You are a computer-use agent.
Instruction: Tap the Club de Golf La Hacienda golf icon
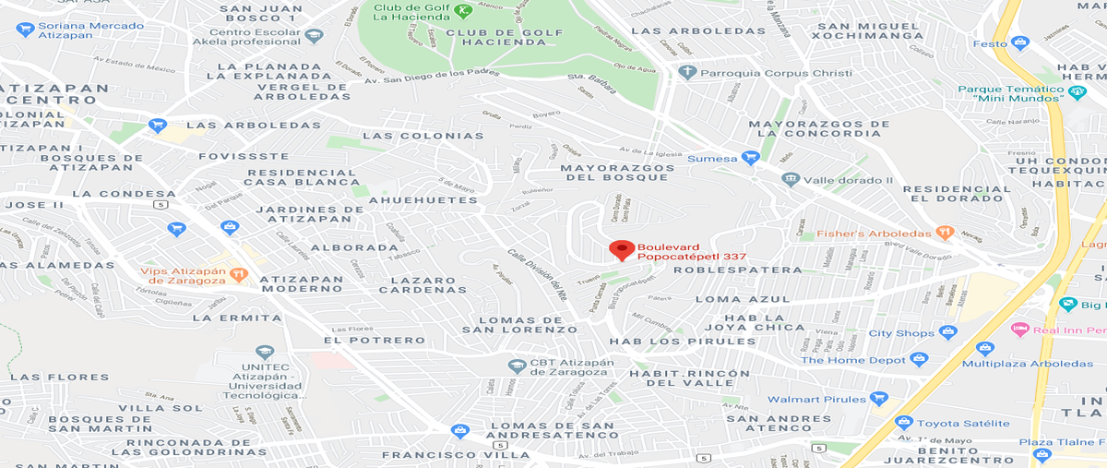coord(463,11)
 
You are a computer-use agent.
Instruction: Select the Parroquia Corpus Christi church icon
coord(685,71)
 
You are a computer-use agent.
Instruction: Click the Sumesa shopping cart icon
coord(751,159)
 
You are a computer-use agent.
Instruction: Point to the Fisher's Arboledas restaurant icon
coord(944,233)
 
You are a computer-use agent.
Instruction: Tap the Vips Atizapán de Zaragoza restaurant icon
coord(239,272)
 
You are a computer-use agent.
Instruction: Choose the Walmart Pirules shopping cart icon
coord(878,399)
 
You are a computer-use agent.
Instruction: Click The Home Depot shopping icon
coord(918,359)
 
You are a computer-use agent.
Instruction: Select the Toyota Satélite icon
coord(904,423)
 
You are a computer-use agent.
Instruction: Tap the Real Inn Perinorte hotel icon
coord(1019,330)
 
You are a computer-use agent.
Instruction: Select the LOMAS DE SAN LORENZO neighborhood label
coord(519,323)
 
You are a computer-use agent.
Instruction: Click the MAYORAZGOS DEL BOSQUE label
coord(617,173)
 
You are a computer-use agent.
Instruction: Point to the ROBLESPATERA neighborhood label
coord(738,270)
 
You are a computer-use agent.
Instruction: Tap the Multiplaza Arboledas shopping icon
coord(984,349)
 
